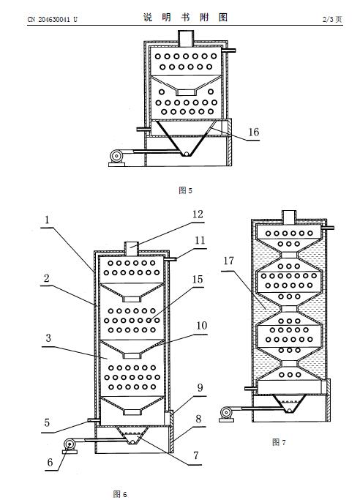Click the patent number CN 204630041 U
pos(52,20)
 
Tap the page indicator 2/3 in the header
pos(328,20)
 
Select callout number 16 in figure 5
pos(254,132)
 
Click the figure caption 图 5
pos(185,190)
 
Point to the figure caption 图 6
pos(120,494)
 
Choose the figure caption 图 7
pos(279,442)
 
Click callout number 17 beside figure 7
pos(228,261)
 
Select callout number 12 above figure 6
pos(198,214)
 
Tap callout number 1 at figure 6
pos(47,220)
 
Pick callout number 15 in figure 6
pos(198,280)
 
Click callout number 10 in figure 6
pos(202,326)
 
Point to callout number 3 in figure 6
pos(48,338)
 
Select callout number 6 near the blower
pos(50,462)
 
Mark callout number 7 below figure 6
pos(196,455)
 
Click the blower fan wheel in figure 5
pos(116,156)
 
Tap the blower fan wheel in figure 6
pos(69,444)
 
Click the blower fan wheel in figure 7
pos(226,413)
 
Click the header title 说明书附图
pos(185,18)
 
